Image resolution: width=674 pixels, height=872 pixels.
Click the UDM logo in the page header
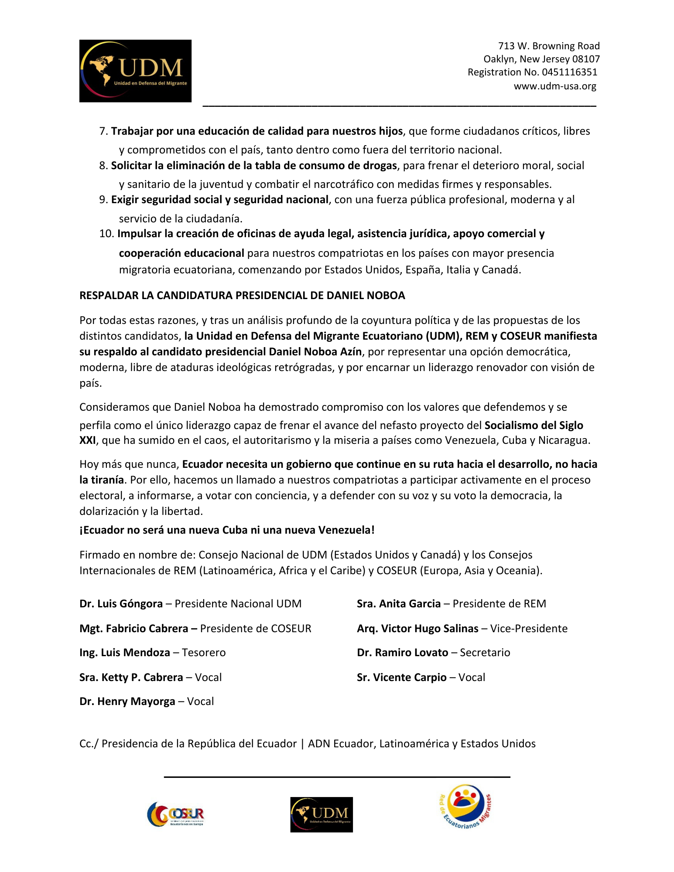point(135,71)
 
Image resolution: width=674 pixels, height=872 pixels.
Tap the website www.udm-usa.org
point(554,86)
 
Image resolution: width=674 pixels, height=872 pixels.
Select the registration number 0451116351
point(569,72)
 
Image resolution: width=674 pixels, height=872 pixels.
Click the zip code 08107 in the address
point(586,59)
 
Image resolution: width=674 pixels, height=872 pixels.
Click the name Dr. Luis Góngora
point(121,604)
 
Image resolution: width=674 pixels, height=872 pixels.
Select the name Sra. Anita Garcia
point(398,604)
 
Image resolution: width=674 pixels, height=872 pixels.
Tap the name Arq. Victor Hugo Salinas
point(417,629)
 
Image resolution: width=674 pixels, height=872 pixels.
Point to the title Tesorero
point(204,653)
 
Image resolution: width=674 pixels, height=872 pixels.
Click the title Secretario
point(485,653)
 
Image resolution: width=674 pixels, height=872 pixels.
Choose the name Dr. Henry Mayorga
point(127,702)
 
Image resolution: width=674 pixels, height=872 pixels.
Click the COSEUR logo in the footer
point(175,814)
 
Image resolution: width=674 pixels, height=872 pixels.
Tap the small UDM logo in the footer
point(322,814)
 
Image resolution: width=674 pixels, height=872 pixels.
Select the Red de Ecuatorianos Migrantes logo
point(466,807)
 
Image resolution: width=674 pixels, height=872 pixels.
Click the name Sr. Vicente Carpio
point(401,678)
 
